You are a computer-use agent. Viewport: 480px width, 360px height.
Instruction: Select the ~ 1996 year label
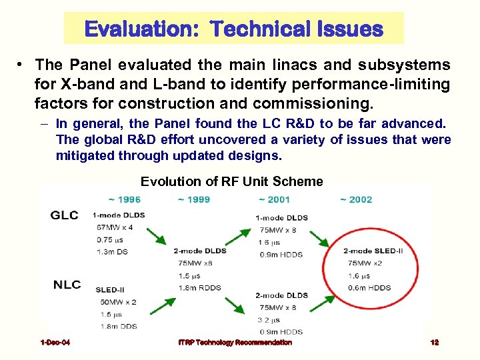(124, 199)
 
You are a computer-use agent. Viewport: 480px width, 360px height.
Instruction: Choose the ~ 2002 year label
(355, 199)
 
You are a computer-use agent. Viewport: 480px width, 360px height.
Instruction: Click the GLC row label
(65, 215)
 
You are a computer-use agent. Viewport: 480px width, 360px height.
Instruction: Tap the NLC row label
(67, 285)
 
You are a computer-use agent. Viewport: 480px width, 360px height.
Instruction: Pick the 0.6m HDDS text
(369, 287)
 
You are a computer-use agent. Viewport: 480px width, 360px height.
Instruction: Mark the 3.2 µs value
(269, 319)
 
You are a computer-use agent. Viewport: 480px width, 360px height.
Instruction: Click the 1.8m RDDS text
(200, 287)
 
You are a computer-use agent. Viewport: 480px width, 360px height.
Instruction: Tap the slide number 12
(435, 343)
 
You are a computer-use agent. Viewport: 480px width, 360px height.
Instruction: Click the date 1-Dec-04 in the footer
(55, 343)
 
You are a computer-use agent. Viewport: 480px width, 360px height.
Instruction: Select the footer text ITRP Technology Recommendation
(235, 343)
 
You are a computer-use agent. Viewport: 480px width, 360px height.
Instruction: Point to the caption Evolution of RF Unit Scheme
(232, 181)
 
